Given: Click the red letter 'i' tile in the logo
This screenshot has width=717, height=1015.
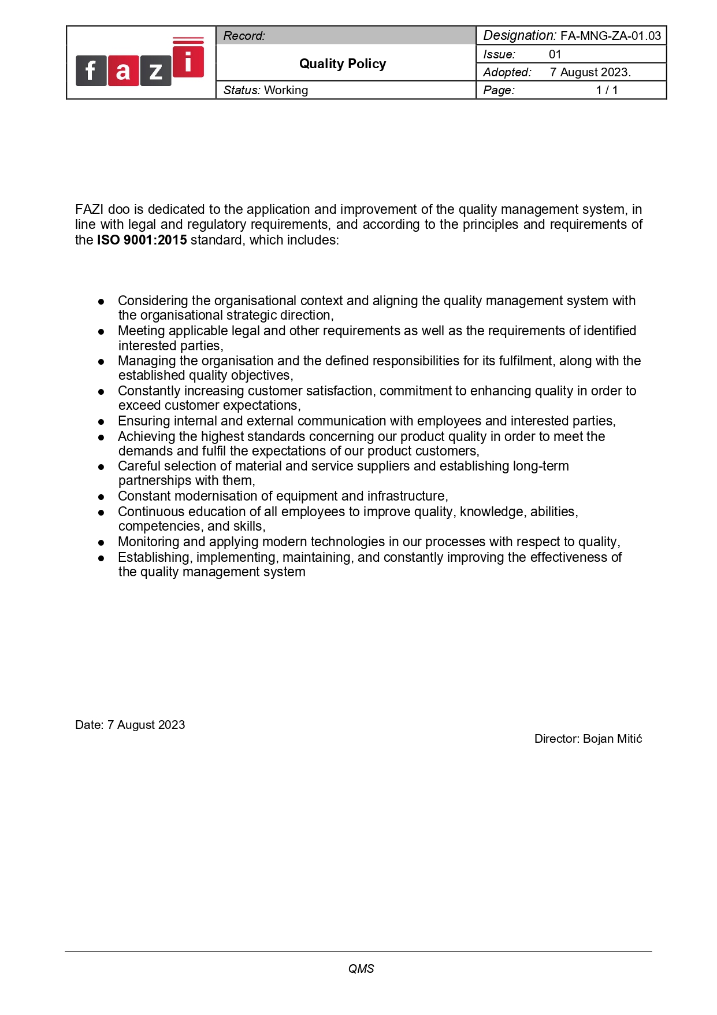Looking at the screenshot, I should click(188, 61).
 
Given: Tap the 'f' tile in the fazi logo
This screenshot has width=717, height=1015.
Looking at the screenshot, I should click(91, 71).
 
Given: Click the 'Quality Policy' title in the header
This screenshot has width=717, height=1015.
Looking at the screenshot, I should click(343, 64).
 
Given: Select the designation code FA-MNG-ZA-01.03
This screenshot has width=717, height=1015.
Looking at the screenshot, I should click(611, 36).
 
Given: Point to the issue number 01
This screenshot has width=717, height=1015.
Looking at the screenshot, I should click(555, 54).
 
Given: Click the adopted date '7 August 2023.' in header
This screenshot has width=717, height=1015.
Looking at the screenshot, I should click(590, 72).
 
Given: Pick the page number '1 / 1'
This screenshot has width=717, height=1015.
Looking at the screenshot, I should click(607, 90).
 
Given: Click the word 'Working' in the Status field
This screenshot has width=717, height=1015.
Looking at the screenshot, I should click(286, 90).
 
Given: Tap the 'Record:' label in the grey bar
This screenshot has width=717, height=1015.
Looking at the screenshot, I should click(244, 36).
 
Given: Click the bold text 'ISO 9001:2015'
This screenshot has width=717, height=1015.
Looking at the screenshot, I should click(142, 240).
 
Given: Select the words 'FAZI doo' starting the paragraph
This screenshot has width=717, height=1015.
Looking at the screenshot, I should click(102, 209).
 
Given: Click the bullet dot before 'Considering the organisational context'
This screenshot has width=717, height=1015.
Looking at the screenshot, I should click(101, 301).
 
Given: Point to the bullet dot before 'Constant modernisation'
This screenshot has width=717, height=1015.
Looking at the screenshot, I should click(101, 497).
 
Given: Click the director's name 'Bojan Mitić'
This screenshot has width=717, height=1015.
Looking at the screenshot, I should click(612, 739).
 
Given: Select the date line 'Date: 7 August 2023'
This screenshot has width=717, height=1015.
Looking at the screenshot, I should click(130, 725).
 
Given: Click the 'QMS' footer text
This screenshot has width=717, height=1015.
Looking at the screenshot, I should click(361, 969).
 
